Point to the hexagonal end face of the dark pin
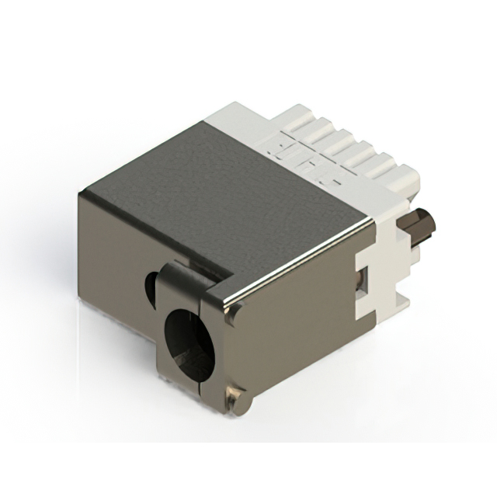tap(429, 222)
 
